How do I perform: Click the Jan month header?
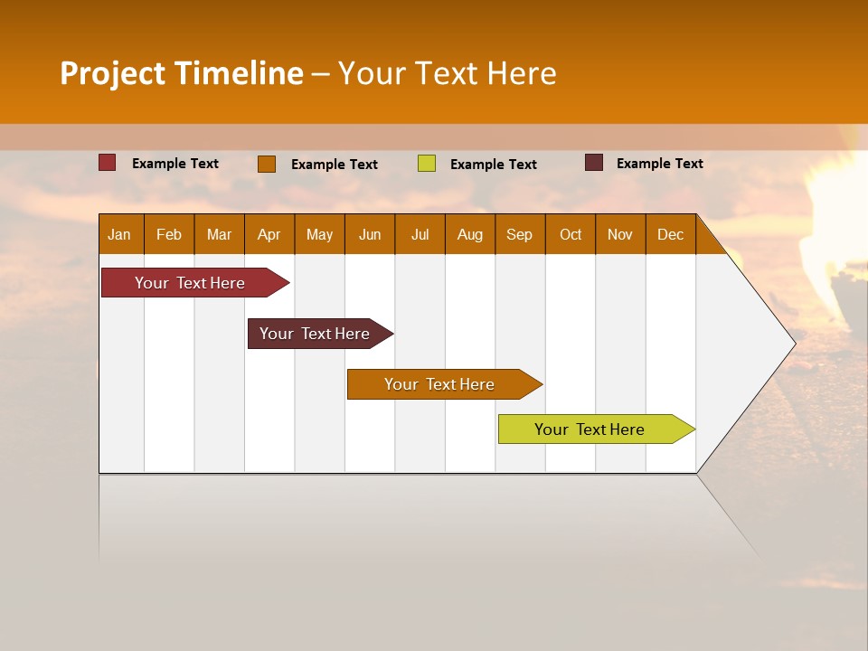click(120, 234)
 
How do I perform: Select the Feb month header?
click(169, 234)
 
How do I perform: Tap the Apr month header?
click(269, 234)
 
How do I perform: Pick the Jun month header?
click(370, 234)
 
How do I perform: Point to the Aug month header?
click(470, 234)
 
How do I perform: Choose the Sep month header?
click(520, 234)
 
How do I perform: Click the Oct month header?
click(571, 234)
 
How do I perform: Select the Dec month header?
click(671, 234)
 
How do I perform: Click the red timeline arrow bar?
click(191, 283)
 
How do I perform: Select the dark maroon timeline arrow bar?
click(316, 334)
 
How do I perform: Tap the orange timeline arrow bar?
click(440, 384)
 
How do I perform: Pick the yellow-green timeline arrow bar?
click(590, 429)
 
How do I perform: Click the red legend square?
click(108, 163)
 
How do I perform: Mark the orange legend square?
click(267, 164)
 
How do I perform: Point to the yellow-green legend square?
click(427, 164)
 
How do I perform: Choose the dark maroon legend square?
click(594, 163)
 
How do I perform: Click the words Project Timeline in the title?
click(182, 73)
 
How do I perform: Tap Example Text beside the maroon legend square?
click(660, 164)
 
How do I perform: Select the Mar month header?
click(219, 234)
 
